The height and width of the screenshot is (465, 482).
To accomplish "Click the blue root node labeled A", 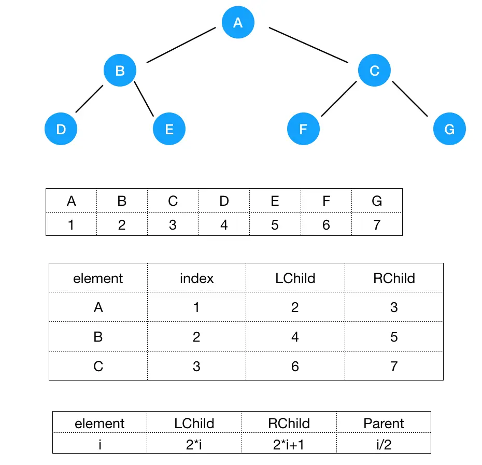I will pos(238,23).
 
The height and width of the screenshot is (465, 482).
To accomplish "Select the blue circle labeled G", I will pos(449,129).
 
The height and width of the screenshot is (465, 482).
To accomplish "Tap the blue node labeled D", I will pos(61,129).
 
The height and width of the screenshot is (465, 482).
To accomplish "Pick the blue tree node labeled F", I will pos(303,129).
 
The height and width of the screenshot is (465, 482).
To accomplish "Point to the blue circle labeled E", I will pos(169,129).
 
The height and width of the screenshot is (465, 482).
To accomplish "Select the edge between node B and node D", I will pos(89,99).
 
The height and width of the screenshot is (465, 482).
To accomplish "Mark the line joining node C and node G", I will pos(410,99).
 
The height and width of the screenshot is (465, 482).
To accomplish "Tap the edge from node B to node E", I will pos(145,99).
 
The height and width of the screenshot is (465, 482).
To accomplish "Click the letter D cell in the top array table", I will pos(224,201).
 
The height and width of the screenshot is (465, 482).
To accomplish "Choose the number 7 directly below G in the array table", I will pos(377,224).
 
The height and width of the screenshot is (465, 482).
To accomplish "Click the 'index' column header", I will pos(196,278).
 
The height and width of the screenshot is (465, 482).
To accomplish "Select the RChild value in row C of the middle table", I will pos(394,367).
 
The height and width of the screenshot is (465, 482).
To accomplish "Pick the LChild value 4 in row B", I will pos(295,337).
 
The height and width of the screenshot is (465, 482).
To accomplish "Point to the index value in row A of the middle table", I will pos(196,307).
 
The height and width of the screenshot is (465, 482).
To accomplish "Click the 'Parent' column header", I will pos(384,424).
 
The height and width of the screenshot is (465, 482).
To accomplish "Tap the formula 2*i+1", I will pos(289,445).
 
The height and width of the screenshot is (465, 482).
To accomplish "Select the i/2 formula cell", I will pos(384,445).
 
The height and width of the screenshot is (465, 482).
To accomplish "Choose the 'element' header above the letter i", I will pos(100,424).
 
